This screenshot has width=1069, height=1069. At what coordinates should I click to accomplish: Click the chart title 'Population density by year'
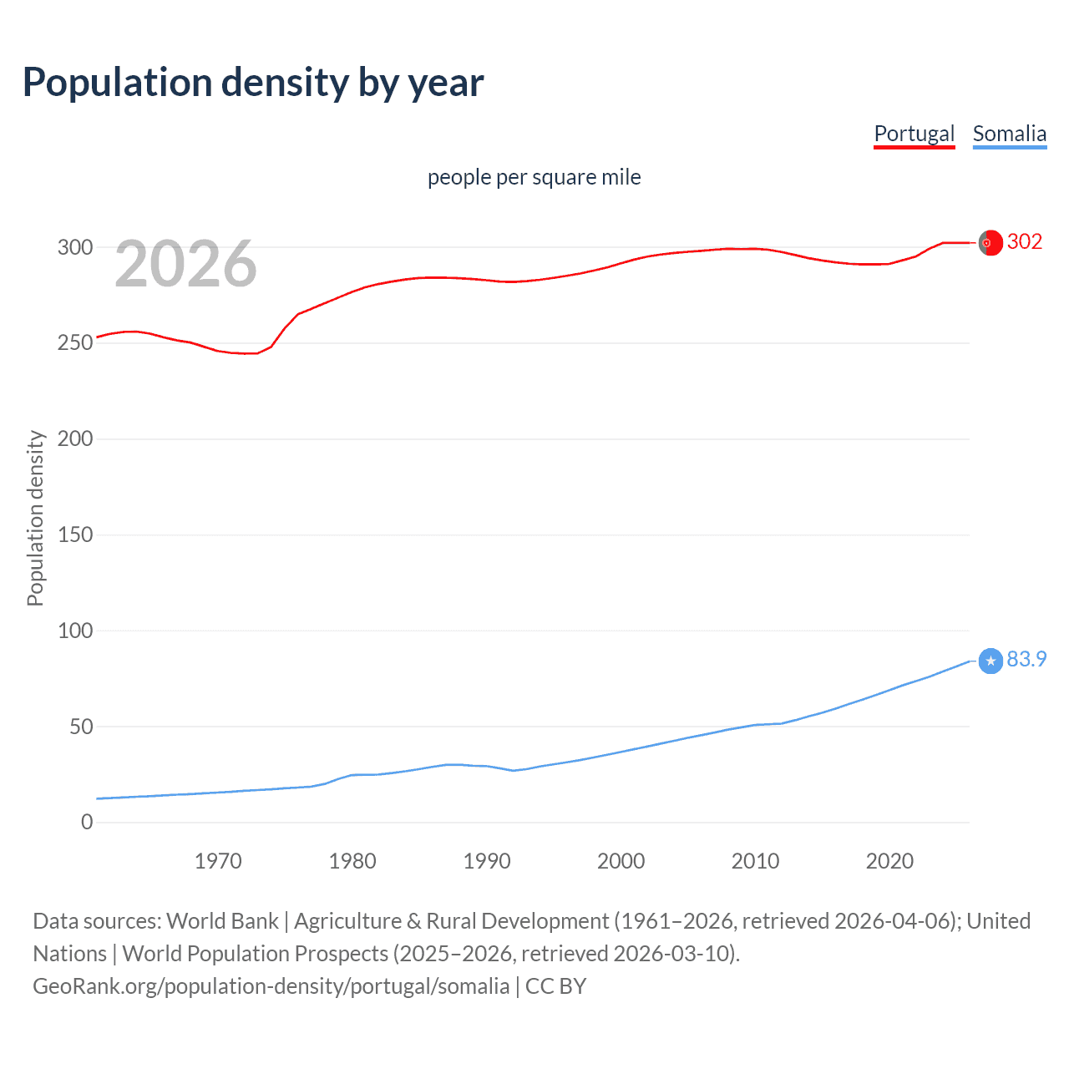pos(253,83)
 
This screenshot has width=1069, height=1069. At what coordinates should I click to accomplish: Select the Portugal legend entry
pos(914,134)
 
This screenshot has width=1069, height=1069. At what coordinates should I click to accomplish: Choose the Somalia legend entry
pos(1009,134)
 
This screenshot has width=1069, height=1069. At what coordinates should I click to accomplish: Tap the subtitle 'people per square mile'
pos(534,177)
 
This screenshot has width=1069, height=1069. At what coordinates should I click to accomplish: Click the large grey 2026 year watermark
pos(185,265)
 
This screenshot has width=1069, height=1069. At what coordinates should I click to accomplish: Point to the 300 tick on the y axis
pos(75,247)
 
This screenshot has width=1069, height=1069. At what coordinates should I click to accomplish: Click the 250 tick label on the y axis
pos(75,343)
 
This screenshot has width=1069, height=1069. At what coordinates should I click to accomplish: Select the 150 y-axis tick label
pos(75,534)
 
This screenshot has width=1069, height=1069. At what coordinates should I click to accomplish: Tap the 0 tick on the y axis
pos(87,823)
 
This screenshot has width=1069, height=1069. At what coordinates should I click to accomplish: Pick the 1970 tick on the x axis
pos(218,861)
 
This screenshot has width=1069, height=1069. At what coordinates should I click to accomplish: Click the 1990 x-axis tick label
pos(487,861)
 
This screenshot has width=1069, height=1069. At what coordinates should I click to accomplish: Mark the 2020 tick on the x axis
pos(889,861)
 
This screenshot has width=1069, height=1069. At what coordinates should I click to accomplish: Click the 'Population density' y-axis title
pos(35,518)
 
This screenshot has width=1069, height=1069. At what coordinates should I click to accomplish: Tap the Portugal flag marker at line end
pos(990,242)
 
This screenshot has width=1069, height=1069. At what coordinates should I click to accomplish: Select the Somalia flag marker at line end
pos(990,661)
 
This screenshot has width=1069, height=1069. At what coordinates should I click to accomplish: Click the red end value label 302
pos(1025,241)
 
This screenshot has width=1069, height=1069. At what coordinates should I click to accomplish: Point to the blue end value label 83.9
pos(1026,660)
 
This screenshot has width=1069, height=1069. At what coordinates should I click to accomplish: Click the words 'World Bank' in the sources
pos(222,921)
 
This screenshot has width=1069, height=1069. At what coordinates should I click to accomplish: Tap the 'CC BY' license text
pos(555,986)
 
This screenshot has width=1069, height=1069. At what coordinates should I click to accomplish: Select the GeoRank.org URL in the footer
pos(271,986)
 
